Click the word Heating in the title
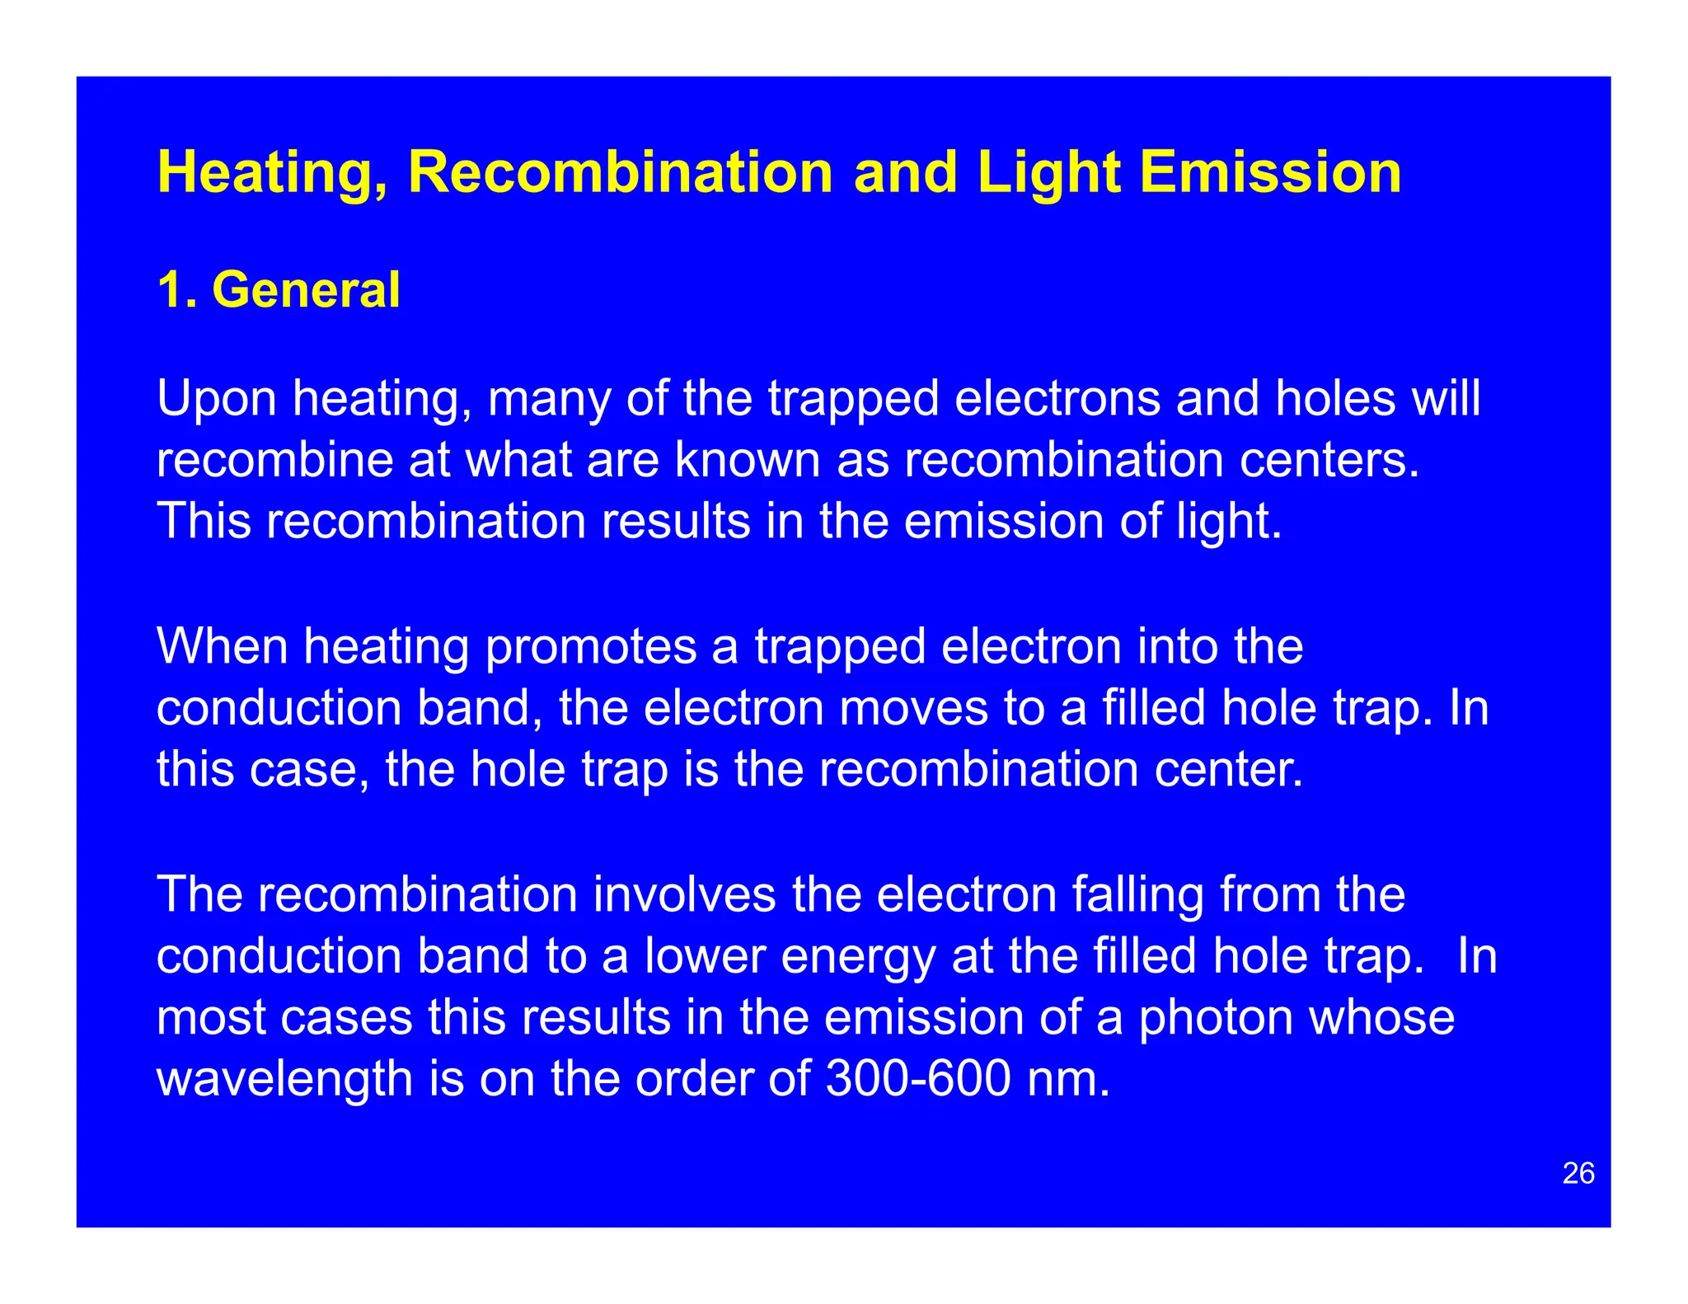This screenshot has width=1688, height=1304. tap(273, 173)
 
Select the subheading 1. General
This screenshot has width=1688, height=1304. tap(279, 290)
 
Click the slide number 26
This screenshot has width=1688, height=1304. tap(1578, 1173)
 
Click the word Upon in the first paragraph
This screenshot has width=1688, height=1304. tap(216, 400)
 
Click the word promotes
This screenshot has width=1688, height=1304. tap(590, 647)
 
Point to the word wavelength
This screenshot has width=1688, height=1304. tap(284, 1081)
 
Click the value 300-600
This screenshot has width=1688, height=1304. tap(917, 1079)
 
